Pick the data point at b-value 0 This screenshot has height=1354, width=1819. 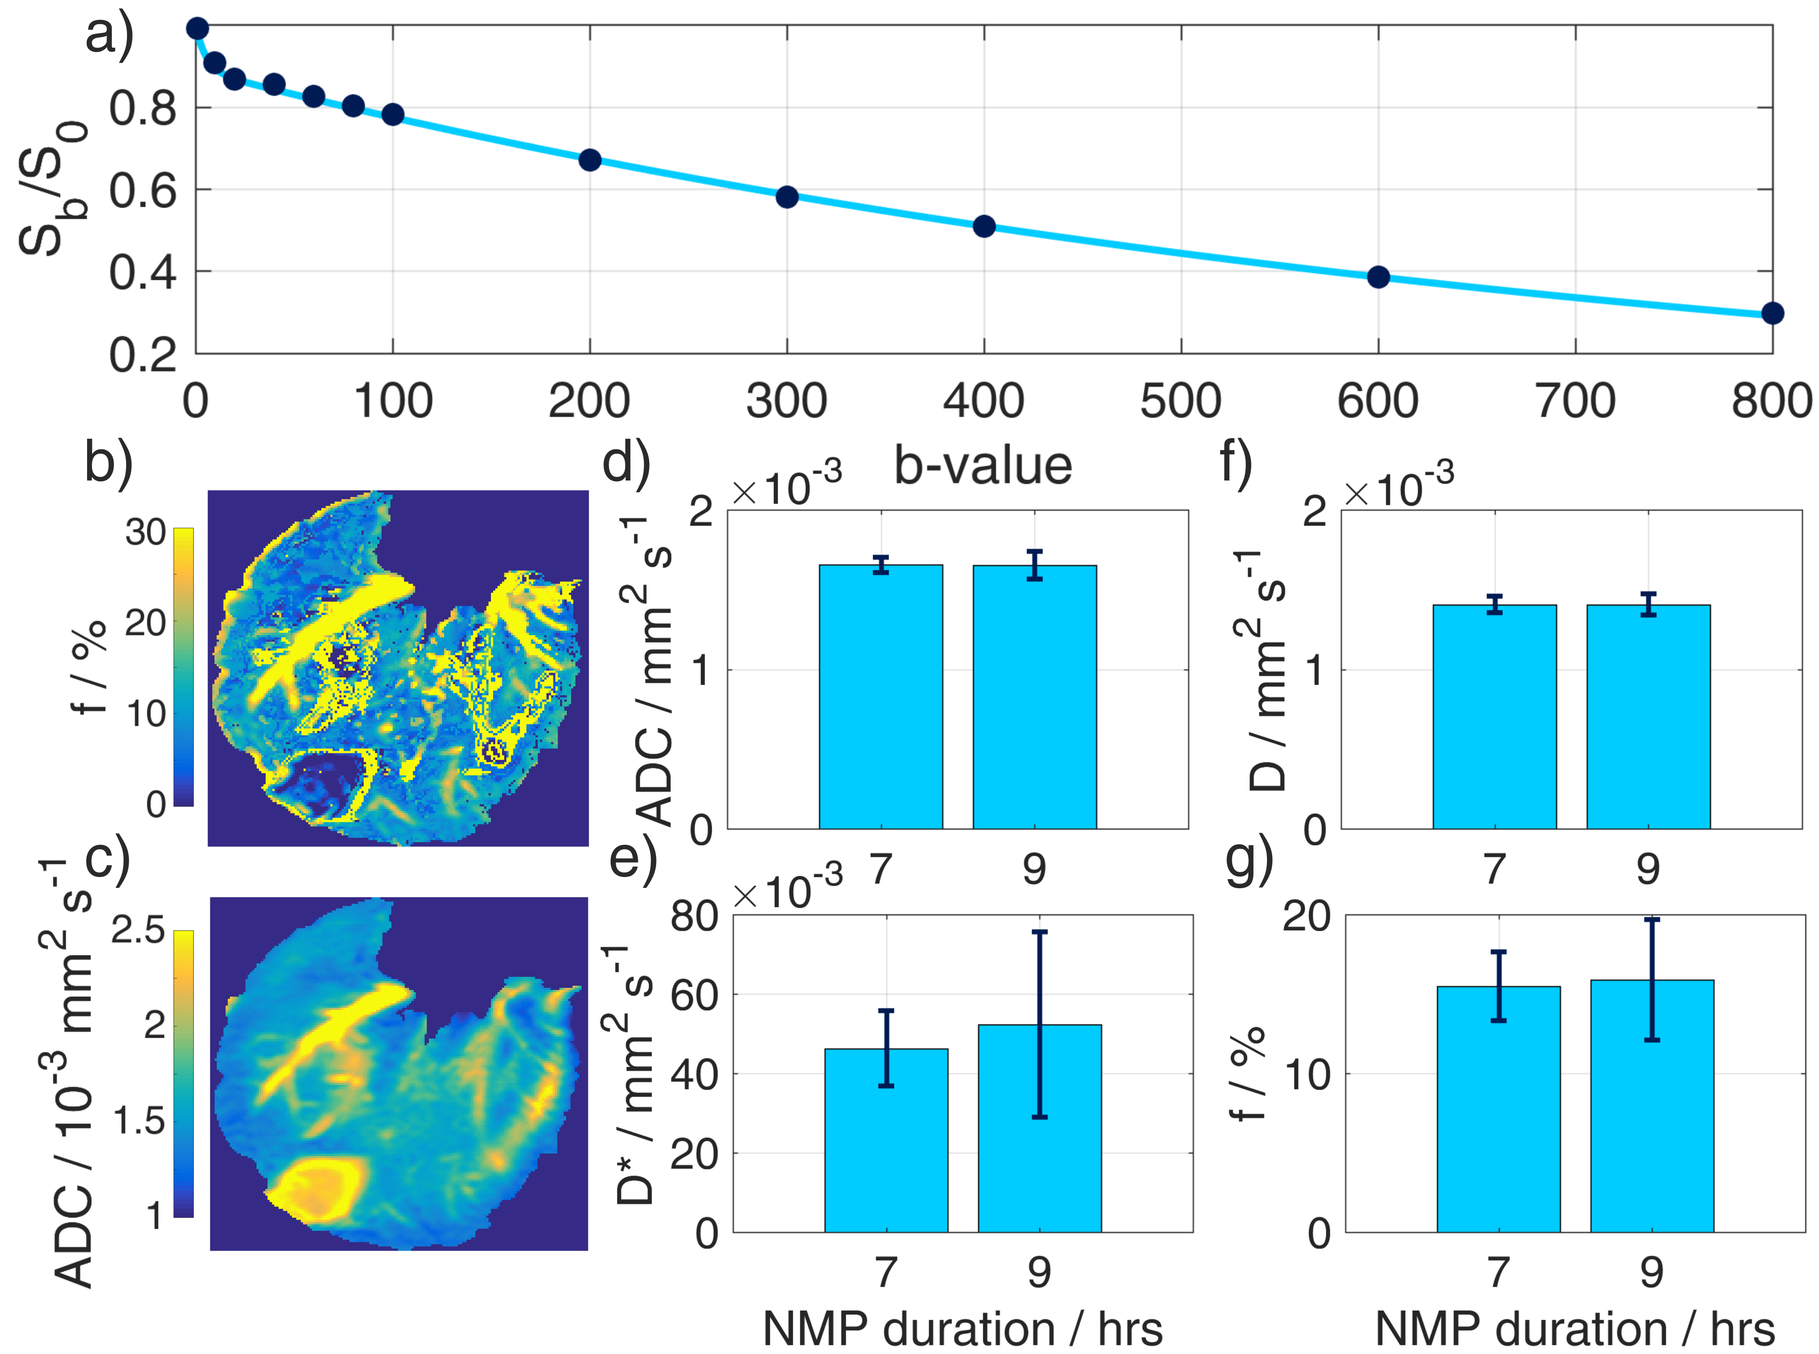point(197,29)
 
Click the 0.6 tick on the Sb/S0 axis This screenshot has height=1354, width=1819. point(143,191)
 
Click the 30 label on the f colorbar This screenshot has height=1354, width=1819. point(146,533)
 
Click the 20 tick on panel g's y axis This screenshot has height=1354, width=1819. point(1307,916)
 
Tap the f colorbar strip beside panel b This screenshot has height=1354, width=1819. point(184,666)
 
